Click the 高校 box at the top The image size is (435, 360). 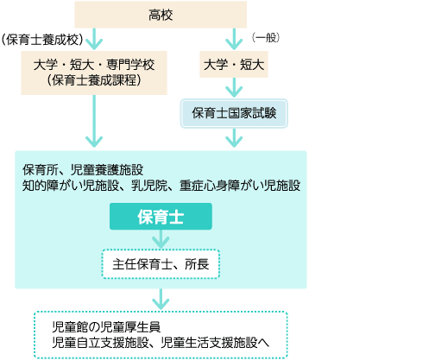pos(161,15)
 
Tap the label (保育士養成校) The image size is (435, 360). pos(42,40)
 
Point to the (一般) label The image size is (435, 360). pos(266,38)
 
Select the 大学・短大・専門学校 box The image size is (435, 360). pos(94,73)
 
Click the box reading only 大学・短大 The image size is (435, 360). pos(234,64)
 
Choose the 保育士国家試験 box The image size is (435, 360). pos(234,113)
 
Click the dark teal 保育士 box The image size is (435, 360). pos(161,217)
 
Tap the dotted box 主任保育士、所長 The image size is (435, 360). pos(161,264)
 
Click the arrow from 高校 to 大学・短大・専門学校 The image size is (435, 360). pos(94,39)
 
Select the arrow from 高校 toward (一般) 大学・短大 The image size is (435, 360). pos(234,39)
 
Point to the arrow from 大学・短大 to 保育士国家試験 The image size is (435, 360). pos(234,87)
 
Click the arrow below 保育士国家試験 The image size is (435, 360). pos(234,138)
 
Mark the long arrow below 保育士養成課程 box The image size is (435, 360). pos(94,121)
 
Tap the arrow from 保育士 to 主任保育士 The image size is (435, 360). pos(161,239)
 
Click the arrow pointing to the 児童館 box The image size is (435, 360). pos(161,300)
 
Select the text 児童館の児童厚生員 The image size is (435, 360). pos(106,327)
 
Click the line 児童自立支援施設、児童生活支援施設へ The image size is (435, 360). pos(161,343)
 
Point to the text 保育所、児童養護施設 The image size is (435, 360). pos(83,170)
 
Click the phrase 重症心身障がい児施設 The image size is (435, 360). pos(240,186)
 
